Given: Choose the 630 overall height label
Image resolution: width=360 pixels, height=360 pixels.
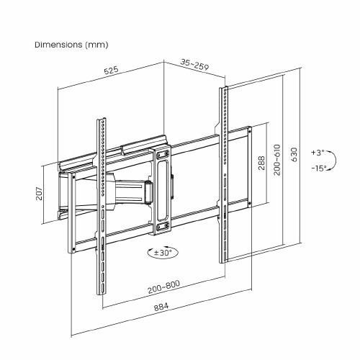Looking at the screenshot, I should coord(293,155).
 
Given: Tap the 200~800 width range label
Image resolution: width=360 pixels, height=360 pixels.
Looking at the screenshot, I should coord(163,287).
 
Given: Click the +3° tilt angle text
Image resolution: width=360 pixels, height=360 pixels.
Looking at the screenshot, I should coord(318,153).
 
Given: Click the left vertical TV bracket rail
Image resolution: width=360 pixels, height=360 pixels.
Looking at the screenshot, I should coord(101,209).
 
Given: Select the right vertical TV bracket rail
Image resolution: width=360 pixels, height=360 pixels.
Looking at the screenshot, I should coord(223,173).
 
